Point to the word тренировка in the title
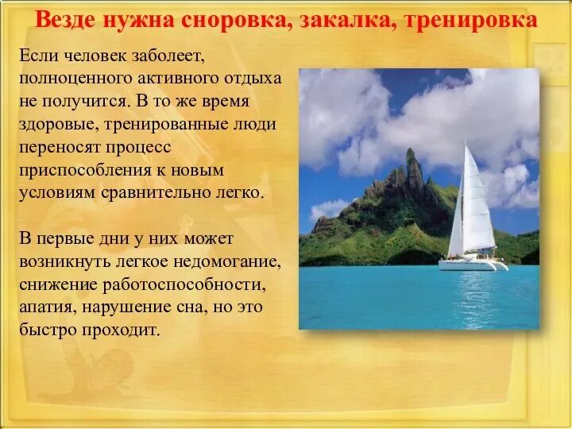click(471, 19)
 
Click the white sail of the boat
click(477, 203)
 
